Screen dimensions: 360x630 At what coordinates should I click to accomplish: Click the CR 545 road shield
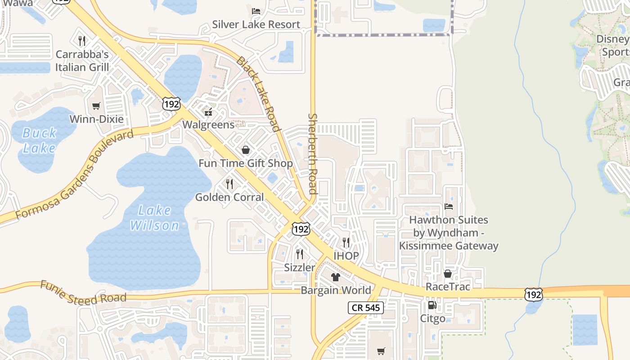[x=366, y=308]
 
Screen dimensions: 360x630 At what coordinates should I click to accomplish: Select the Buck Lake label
[x=39, y=140]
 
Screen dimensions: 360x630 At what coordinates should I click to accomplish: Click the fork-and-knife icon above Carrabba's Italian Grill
[x=82, y=41]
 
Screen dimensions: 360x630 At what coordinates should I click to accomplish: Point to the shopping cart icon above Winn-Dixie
[x=96, y=106]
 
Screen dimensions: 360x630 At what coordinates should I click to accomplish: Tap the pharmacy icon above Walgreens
[x=208, y=112]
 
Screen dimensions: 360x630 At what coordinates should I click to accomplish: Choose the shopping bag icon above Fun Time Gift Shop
[x=246, y=150]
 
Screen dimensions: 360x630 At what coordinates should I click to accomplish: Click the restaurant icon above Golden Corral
[x=229, y=184]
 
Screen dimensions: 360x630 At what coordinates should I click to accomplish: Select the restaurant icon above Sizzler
[x=300, y=254]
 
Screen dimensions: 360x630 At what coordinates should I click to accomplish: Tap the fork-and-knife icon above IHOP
[x=346, y=243]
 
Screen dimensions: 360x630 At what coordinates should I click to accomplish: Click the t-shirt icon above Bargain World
[x=336, y=277]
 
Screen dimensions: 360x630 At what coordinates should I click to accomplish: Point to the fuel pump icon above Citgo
[x=432, y=305]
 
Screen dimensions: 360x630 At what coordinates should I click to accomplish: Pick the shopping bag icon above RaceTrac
[x=448, y=274]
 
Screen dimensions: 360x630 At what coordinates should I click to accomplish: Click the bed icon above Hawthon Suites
[x=449, y=207]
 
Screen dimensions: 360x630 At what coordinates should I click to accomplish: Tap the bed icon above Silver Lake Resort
[x=256, y=11]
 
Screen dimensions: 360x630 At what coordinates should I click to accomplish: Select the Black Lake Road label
[x=259, y=94]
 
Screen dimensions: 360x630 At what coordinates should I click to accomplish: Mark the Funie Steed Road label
[x=83, y=293]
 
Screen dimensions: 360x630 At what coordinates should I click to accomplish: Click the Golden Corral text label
[x=229, y=197]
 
